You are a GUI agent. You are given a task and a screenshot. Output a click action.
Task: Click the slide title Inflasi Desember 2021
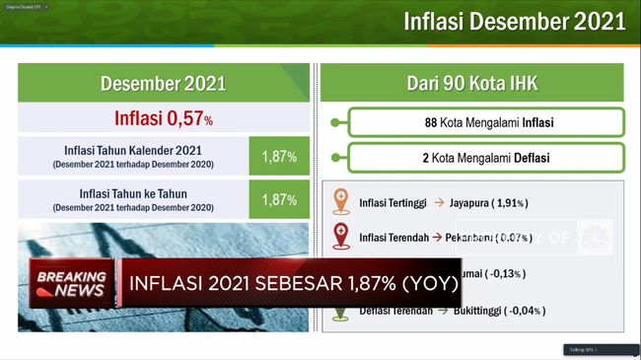(514, 23)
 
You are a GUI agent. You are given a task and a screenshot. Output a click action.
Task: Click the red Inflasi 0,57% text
(165, 119)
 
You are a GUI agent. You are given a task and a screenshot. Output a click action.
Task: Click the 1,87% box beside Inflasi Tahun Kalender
(279, 156)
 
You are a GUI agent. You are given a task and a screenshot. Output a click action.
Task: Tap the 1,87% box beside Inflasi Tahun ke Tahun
(279, 199)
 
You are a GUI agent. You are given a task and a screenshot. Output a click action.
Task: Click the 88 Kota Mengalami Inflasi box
(486, 123)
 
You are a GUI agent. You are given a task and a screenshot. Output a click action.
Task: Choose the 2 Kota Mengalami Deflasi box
(486, 158)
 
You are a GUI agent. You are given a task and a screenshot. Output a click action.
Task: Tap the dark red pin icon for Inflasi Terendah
(341, 236)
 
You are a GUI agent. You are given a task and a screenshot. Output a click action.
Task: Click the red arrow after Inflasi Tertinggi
(439, 203)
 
